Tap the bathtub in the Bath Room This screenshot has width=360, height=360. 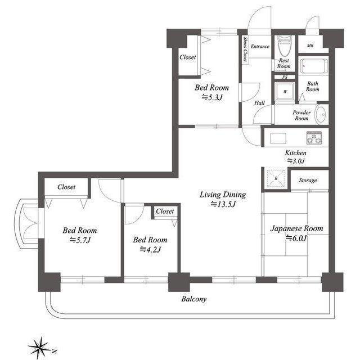pyautogui.click(x=314, y=66)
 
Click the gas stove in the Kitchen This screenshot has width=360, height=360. pyautogui.click(x=314, y=138)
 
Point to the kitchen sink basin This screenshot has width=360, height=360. pyautogui.click(x=278, y=138)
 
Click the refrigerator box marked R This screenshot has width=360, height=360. pyautogui.click(x=276, y=178)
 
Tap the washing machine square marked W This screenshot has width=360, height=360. pyautogui.click(x=285, y=91)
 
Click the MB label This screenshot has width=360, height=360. pyautogui.click(x=310, y=46)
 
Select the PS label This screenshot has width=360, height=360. pyautogui.click(x=285, y=77)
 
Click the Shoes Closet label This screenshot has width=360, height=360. pyautogui.click(x=245, y=49)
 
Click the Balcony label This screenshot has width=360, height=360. pyautogui.click(x=193, y=299)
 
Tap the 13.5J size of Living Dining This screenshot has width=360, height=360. pyautogui.click(x=223, y=204)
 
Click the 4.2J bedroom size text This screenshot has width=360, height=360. pyautogui.click(x=150, y=249)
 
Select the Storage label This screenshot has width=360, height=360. pyautogui.click(x=308, y=181)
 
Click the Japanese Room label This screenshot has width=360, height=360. pyautogui.click(x=296, y=228)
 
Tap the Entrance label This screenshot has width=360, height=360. pyautogui.click(x=260, y=46)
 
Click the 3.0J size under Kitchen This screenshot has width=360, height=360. pyautogui.click(x=296, y=161)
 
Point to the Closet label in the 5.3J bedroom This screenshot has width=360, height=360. pyautogui.click(x=187, y=57)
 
